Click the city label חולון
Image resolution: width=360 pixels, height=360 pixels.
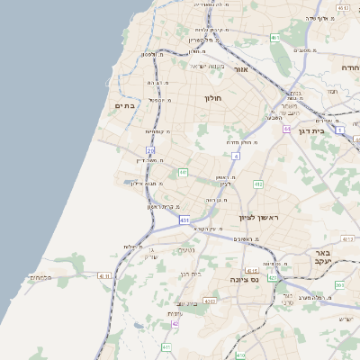tap(213, 97)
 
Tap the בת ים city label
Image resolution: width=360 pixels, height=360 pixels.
tap(124, 106)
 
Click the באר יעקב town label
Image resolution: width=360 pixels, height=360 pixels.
tap(323, 257)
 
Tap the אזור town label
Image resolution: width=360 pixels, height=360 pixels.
tap(240, 69)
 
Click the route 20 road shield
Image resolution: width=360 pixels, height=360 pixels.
tap(151, 151)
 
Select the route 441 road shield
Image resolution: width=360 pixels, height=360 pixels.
tap(183, 172)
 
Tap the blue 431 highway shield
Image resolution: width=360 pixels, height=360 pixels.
tap(184, 220)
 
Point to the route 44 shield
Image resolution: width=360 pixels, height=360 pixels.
tap(286, 129)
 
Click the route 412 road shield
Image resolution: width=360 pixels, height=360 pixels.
tap(258, 184)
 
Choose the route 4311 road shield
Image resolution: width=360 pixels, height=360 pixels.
tap(103, 276)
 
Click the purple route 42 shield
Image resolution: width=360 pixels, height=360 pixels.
tap(175, 324)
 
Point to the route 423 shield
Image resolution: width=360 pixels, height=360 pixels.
tap(239, 355)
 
